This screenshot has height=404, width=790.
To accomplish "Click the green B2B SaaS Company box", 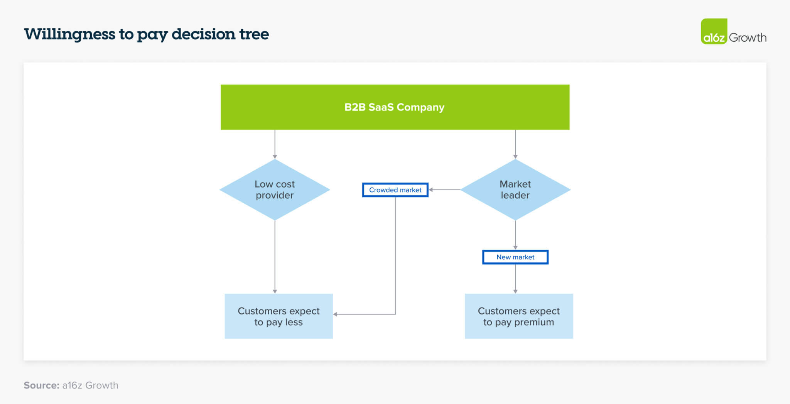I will point(395,107).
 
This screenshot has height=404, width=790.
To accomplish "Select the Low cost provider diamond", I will point(275,189).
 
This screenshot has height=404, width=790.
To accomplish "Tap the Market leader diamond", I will point(515,189).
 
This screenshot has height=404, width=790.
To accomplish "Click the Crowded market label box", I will point(395,190).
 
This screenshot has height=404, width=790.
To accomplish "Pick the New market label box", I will point(515,257).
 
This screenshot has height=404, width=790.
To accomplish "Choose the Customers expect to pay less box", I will point(279,316).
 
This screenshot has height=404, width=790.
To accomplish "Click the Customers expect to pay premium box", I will point(518,316).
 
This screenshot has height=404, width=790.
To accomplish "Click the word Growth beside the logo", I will point(747,37).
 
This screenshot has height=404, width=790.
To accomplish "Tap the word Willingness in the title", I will point(69,34).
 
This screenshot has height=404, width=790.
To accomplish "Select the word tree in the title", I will point(254,34).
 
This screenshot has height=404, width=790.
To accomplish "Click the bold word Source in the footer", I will point(41,385).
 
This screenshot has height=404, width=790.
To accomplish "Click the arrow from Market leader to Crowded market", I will point(444,190).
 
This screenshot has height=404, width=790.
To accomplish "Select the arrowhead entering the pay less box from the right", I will point(335,314).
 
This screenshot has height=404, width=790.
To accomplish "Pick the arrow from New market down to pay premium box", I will point(515,279).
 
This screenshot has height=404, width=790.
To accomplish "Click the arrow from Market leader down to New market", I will point(515,235).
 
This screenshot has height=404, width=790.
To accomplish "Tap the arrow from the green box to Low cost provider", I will point(275,144).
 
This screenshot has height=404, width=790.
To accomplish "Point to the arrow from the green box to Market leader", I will point(515,144).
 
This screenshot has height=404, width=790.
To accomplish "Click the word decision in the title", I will point(203,34).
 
